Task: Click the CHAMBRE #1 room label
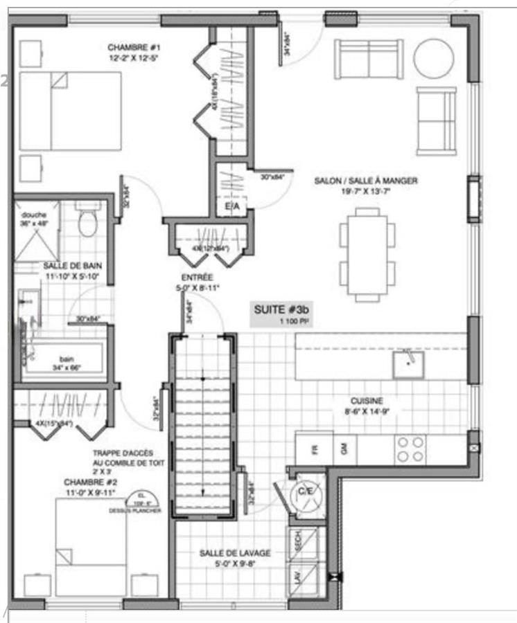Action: (x=134, y=48)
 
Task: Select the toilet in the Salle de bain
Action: (x=87, y=221)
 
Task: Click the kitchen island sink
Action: (x=408, y=363)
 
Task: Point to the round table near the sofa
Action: (x=432, y=58)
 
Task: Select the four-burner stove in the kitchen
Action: (x=410, y=449)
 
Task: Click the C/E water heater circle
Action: (x=306, y=492)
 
